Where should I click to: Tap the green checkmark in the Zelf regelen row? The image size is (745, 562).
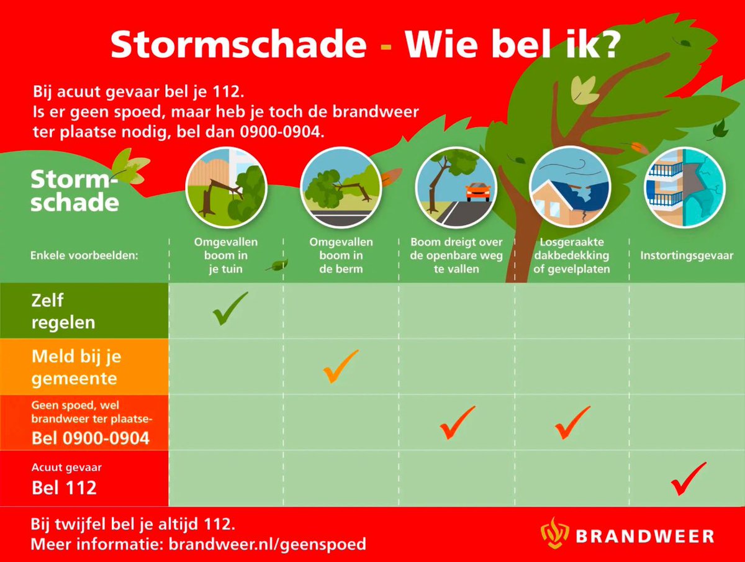click(229, 309)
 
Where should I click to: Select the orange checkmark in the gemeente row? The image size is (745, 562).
click(340, 366)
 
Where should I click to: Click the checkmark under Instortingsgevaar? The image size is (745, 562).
click(688, 478)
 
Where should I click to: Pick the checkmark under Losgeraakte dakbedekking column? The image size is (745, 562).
click(572, 422)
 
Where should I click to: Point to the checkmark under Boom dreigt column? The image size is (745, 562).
click(457, 422)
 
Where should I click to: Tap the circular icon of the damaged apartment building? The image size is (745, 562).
click(684, 187)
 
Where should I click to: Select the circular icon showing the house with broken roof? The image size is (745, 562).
click(569, 187)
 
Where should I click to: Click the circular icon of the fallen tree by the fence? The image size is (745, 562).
click(226, 187)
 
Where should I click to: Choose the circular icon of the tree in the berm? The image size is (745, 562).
click(341, 187)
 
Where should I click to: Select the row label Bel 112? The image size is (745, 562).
click(65, 487)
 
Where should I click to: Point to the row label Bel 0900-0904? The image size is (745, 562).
click(91, 438)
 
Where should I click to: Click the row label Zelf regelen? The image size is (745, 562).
click(63, 312)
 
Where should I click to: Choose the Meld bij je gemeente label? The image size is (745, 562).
click(76, 368)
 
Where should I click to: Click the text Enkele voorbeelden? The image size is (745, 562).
click(84, 255)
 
